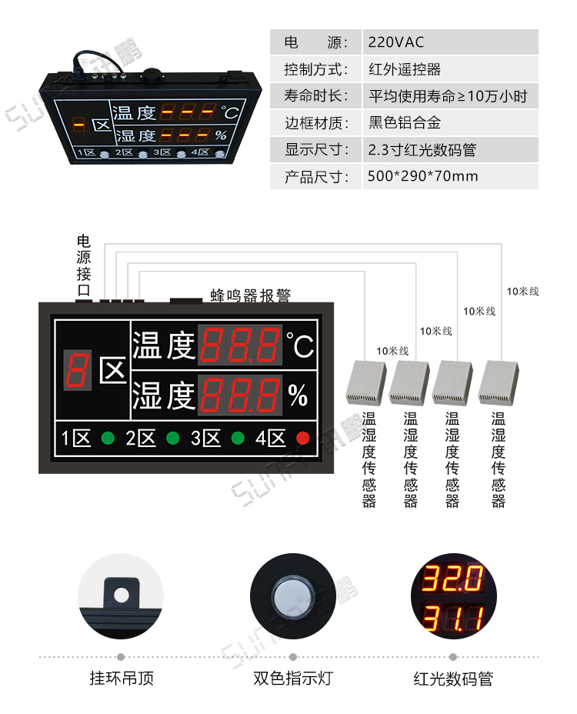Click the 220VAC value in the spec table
point(396,42)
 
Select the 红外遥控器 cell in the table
point(405,69)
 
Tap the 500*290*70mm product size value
point(423,176)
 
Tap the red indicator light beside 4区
point(303,439)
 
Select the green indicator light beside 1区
point(108,439)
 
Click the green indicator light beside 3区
point(238,439)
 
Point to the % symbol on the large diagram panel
point(298,395)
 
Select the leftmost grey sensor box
point(368,382)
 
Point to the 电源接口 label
point(84,265)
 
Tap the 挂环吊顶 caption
point(122,679)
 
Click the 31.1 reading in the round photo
point(451,617)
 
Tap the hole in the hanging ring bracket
point(121,595)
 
